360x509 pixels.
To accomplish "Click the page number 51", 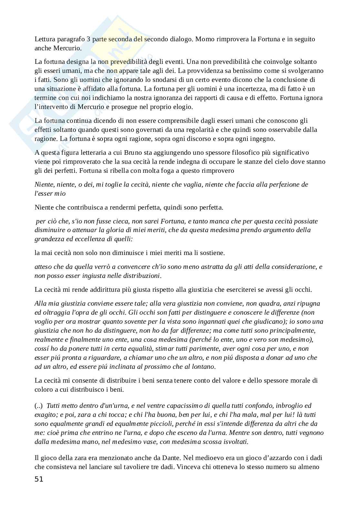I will click(39, 479).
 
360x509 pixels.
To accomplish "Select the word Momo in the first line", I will click(204, 39).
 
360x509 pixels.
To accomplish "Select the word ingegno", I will click(263, 139).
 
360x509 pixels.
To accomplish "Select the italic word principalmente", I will click(295, 330).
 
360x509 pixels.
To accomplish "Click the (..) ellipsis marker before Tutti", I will click(39, 406).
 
